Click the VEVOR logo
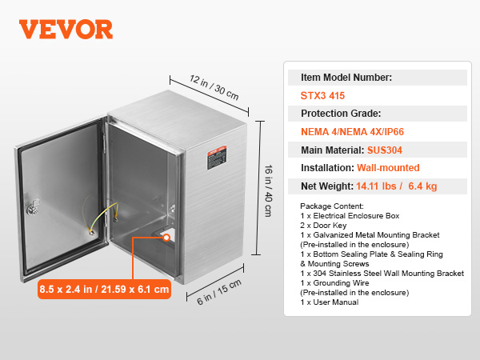pyautogui.click(x=66, y=29)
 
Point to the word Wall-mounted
pyautogui.click(x=387, y=168)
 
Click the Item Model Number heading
pyautogui.click(x=346, y=78)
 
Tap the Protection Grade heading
pyautogui.click(x=340, y=114)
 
